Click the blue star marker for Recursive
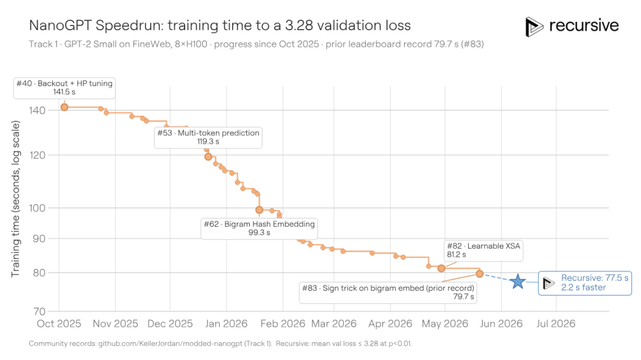point(518,281)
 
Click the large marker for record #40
point(64,107)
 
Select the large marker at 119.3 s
point(208,157)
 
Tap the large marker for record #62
point(259,210)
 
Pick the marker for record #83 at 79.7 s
point(480,274)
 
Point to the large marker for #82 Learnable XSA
point(441,269)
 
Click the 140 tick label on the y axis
point(37,110)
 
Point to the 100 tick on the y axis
point(37,208)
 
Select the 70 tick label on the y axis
point(39,311)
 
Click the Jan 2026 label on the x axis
point(226,324)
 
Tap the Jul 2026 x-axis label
point(556,324)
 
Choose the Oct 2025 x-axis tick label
point(59,324)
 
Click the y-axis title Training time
point(15,199)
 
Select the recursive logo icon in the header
point(534,27)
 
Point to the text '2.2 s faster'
point(583,287)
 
